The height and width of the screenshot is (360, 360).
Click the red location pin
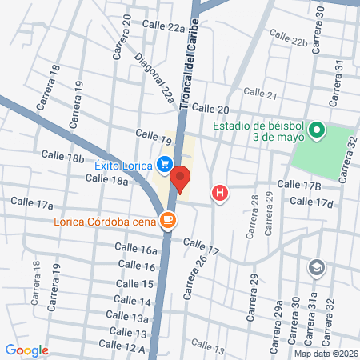(x=180, y=179)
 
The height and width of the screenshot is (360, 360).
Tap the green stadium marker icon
(x=317, y=130)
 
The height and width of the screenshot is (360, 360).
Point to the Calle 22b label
(x=288, y=38)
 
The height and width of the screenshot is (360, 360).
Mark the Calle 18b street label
(x=62, y=157)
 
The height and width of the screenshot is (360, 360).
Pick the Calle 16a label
(x=138, y=250)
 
